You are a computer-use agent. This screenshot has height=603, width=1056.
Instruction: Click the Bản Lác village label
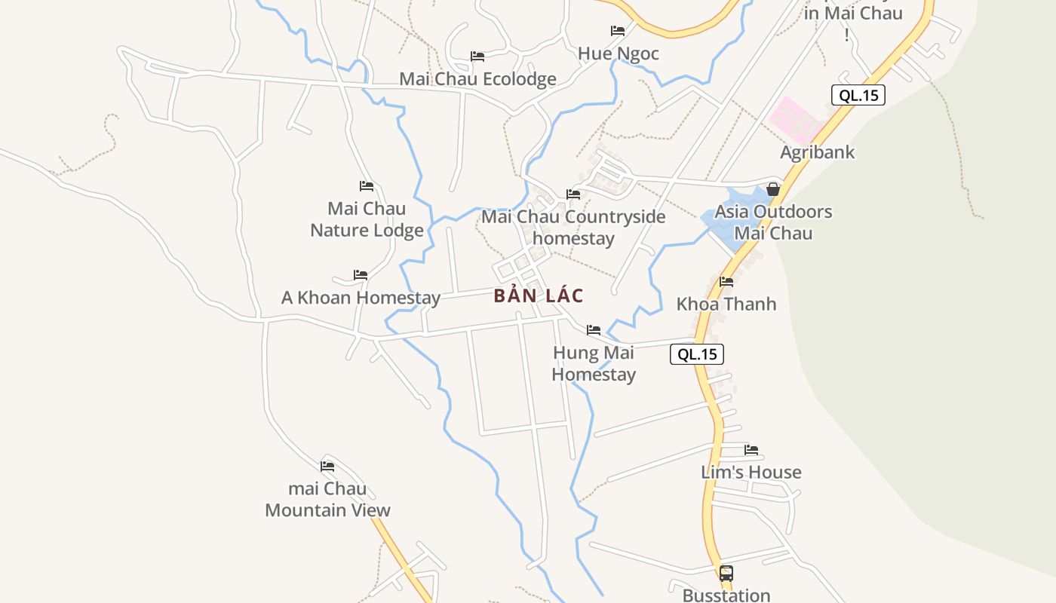[x=539, y=295]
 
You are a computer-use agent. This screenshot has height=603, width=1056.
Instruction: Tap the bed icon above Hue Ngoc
[x=617, y=31]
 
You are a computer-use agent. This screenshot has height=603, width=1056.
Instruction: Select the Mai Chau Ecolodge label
[x=477, y=79]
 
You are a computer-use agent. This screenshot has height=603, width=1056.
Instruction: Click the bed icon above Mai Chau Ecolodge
[x=477, y=57]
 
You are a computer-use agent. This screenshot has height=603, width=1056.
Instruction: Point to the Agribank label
[x=817, y=152]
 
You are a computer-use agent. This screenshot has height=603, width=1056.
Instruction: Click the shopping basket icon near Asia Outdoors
[x=773, y=189]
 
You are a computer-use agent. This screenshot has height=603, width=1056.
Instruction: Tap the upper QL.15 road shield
[x=858, y=95]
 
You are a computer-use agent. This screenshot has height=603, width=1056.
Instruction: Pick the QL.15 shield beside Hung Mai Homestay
[x=696, y=354]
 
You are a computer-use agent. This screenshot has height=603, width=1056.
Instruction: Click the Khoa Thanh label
[x=726, y=304]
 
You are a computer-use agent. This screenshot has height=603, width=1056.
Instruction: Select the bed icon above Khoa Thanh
[x=726, y=282]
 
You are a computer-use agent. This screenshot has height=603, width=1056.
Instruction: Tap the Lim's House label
[x=751, y=472]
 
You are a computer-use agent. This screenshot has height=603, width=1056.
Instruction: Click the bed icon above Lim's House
[x=751, y=450]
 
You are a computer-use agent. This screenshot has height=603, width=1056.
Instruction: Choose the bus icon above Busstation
[x=726, y=574]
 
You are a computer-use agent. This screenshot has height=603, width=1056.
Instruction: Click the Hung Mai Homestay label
[x=594, y=363]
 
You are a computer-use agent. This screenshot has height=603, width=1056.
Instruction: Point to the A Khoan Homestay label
[x=361, y=298]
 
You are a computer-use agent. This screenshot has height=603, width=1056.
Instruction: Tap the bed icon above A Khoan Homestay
[x=361, y=275]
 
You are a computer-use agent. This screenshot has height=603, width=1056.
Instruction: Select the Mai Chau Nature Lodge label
[x=367, y=219]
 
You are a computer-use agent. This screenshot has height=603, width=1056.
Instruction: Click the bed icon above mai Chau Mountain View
[x=327, y=467]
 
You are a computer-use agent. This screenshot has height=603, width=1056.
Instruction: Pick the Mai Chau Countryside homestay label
[x=573, y=228]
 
